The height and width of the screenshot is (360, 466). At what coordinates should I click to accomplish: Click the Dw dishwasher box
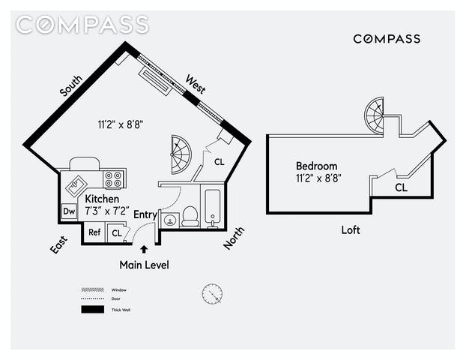69,211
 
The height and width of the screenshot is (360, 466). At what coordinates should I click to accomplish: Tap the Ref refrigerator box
94,232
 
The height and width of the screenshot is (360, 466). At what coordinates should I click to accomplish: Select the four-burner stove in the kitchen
113,179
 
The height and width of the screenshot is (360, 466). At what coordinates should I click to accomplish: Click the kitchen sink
78,182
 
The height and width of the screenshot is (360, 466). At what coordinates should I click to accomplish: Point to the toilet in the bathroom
190,216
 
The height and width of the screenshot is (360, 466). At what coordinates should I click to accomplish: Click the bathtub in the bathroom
213,207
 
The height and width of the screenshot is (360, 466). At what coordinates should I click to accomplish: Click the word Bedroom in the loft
316,166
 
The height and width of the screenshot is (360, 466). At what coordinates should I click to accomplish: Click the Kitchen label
102,199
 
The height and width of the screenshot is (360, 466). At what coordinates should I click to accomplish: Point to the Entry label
145,214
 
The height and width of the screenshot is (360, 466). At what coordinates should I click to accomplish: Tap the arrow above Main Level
144,249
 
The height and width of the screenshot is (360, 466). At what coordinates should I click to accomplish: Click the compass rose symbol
212,293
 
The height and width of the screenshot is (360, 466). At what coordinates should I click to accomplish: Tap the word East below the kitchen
59,244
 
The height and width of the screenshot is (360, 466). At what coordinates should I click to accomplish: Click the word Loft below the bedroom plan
351,230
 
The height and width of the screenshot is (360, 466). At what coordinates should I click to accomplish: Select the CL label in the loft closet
402,187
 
